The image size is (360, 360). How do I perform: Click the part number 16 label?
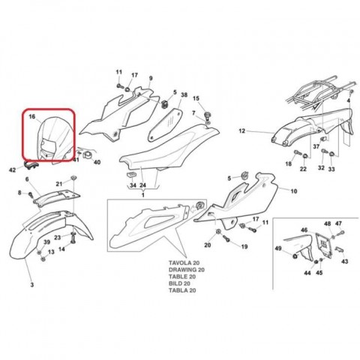32,116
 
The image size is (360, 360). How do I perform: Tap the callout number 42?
12,170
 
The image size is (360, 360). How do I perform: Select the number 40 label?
97,162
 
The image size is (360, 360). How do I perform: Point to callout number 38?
184,94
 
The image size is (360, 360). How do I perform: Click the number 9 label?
151,78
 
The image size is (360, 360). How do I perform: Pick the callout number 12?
241,130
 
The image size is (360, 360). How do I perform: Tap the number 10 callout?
294,191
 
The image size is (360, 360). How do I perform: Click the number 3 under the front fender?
32,284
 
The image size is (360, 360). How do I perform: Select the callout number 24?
142,185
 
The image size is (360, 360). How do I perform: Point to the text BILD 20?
179,283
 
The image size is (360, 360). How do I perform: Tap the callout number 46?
304,229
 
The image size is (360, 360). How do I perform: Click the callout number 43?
344,261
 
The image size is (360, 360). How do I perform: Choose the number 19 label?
244,247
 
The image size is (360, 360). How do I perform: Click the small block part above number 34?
132,175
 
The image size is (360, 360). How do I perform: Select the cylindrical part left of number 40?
88,155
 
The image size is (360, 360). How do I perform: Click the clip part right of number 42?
31,165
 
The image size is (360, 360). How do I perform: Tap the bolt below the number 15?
207,115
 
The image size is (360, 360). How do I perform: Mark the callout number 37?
316,146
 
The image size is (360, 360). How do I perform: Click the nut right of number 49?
295,256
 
